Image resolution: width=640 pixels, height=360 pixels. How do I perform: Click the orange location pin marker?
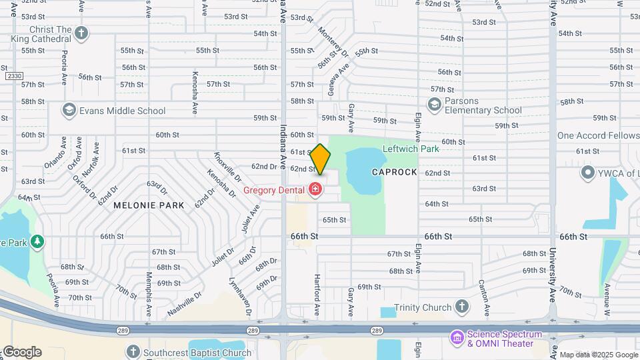point(320,159)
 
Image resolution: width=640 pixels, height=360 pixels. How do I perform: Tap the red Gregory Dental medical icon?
point(315,191)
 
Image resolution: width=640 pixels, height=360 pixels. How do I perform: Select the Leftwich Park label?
point(411,149)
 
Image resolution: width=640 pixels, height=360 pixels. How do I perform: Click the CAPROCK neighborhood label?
point(394,172)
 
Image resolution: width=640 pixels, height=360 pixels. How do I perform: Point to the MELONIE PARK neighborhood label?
point(148,205)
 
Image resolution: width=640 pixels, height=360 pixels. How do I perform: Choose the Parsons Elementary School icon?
point(435,105)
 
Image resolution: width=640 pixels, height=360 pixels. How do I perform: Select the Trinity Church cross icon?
point(462,307)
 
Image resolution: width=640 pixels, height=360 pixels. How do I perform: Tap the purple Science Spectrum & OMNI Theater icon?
point(457,338)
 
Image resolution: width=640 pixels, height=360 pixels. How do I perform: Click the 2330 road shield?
point(13,76)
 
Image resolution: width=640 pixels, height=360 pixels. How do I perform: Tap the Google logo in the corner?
point(21,352)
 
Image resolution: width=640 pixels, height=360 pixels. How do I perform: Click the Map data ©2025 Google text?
point(599,355)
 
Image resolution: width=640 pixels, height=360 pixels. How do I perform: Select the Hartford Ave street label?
point(317,292)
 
